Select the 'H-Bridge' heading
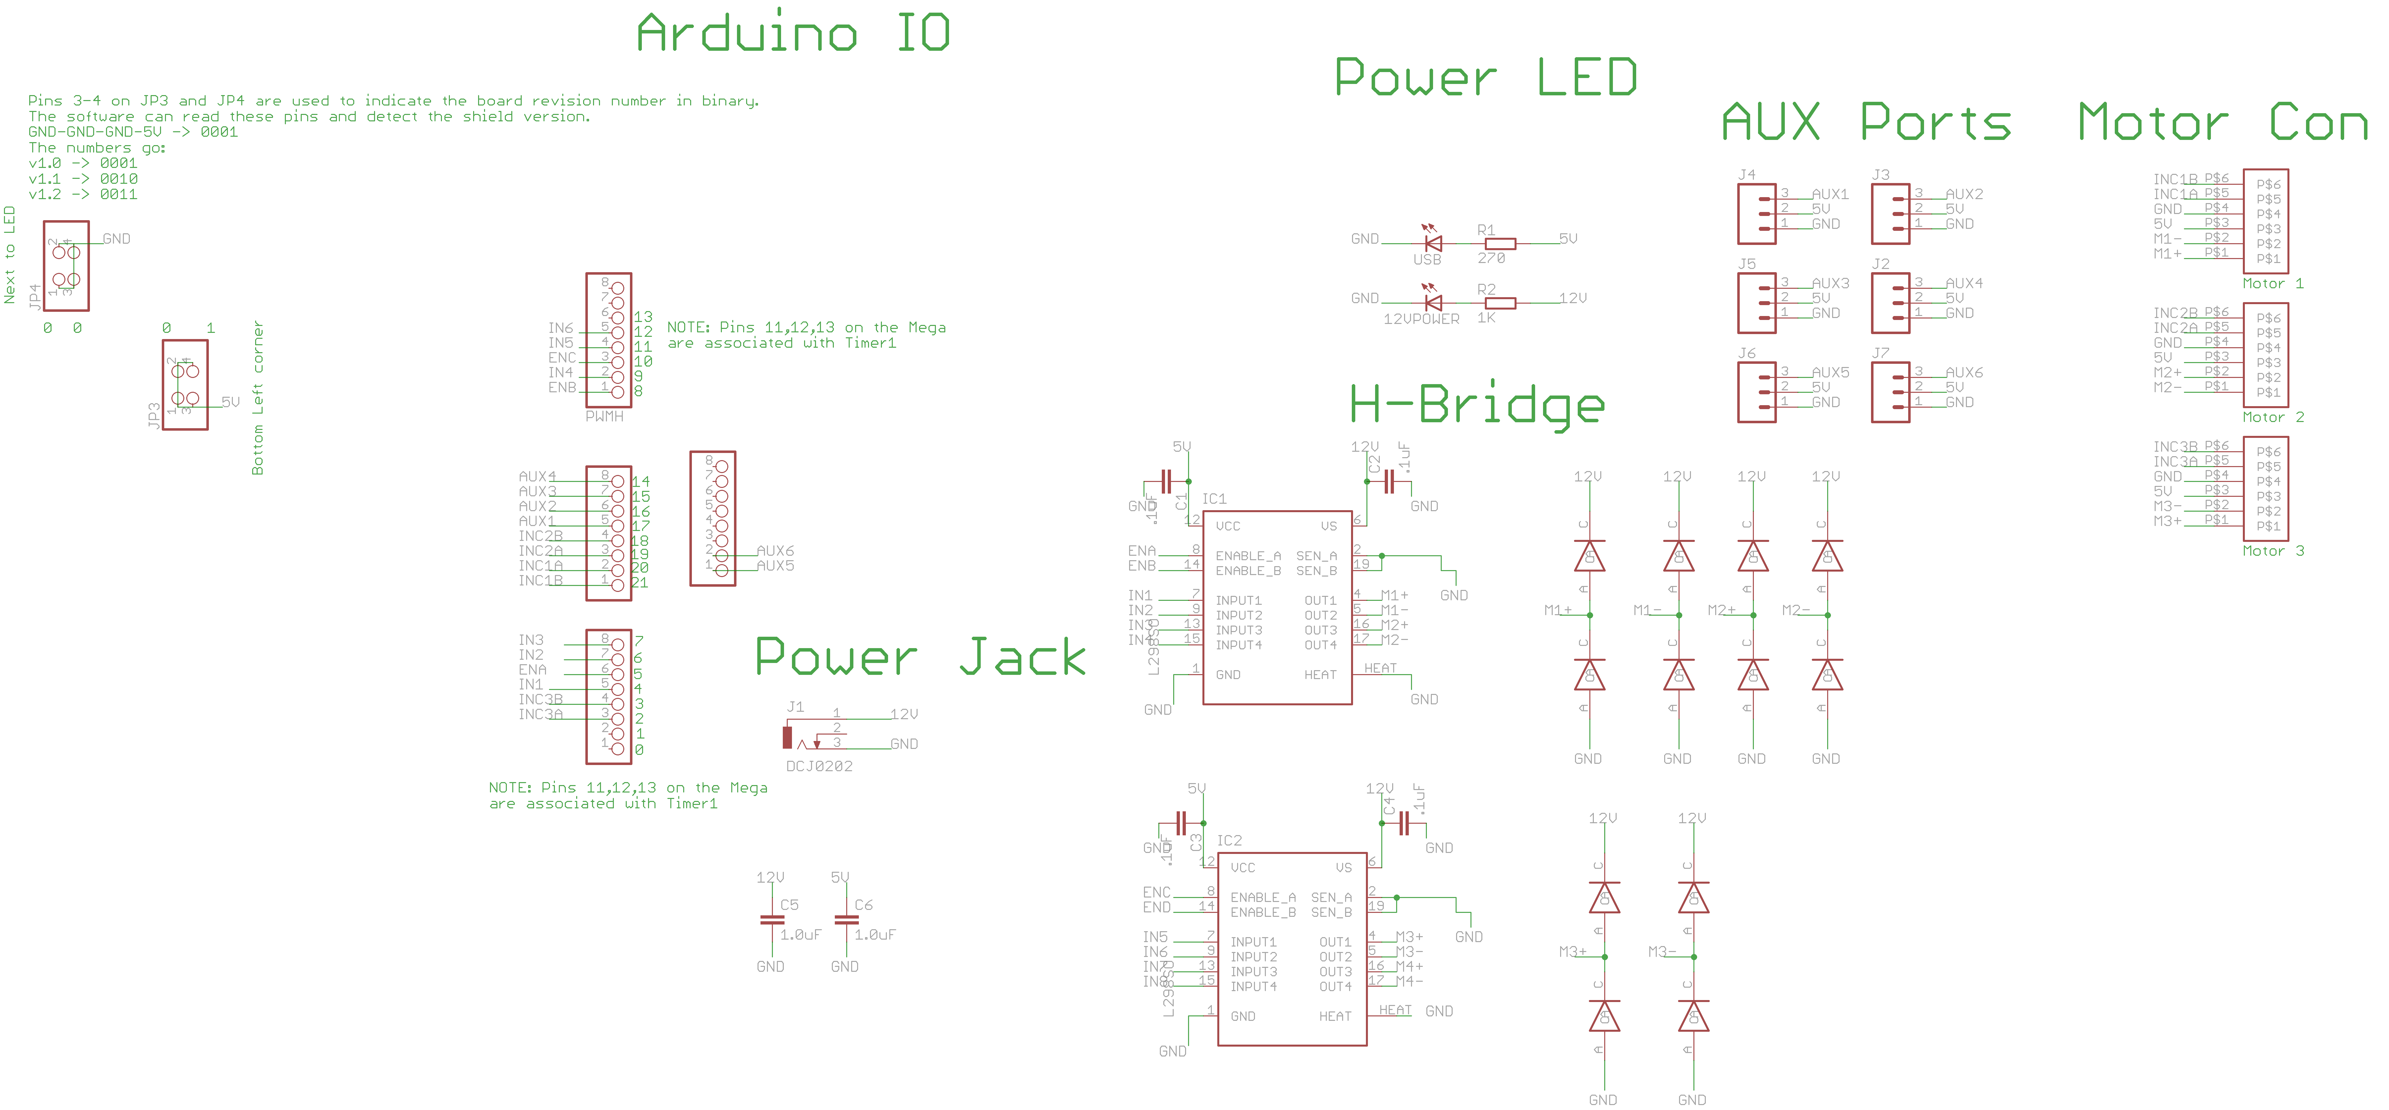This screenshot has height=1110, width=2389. tap(1476, 404)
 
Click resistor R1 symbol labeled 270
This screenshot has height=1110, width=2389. tap(1500, 244)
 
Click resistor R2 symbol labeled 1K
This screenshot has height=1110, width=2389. tap(1500, 303)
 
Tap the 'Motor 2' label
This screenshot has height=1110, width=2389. tap(2272, 417)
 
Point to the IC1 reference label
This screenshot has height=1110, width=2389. tap(1214, 499)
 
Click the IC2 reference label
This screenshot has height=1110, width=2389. tap(1229, 840)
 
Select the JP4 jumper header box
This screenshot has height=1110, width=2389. tap(66, 265)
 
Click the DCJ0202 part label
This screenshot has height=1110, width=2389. tap(819, 766)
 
